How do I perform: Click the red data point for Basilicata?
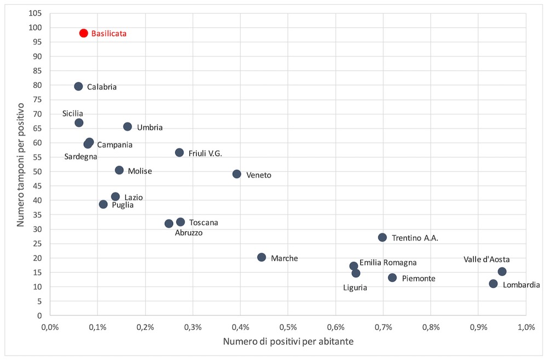pyautogui.click(x=83, y=33)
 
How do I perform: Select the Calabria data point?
pyautogui.click(x=78, y=86)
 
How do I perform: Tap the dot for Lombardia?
pyautogui.click(x=493, y=284)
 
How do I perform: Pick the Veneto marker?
pyautogui.click(x=237, y=174)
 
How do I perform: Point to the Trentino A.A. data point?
pyautogui.click(x=382, y=237)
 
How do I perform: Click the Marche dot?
pyautogui.click(x=262, y=257)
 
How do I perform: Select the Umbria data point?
pyautogui.click(x=128, y=127)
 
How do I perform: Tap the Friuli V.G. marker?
pyautogui.click(x=179, y=152)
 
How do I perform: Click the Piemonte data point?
pyautogui.click(x=393, y=278)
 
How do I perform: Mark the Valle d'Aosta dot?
pyautogui.click(x=502, y=271)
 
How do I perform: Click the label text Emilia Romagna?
pyautogui.click(x=388, y=262)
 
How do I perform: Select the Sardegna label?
pyautogui.click(x=80, y=157)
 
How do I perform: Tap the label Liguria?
pyautogui.click(x=355, y=287)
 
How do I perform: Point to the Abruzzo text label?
pyautogui.click(x=188, y=233)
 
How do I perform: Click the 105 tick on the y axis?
pyautogui.click(x=36, y=13)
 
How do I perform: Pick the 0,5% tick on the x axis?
pyautogui.click(x=288, y=327)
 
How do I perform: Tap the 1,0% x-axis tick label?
pyautogui.click(x=526, y=327)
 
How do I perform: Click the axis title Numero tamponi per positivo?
pyautogui.click(x=21, y=164)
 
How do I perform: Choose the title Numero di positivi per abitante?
pyautogui.click(x=287, y=342)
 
